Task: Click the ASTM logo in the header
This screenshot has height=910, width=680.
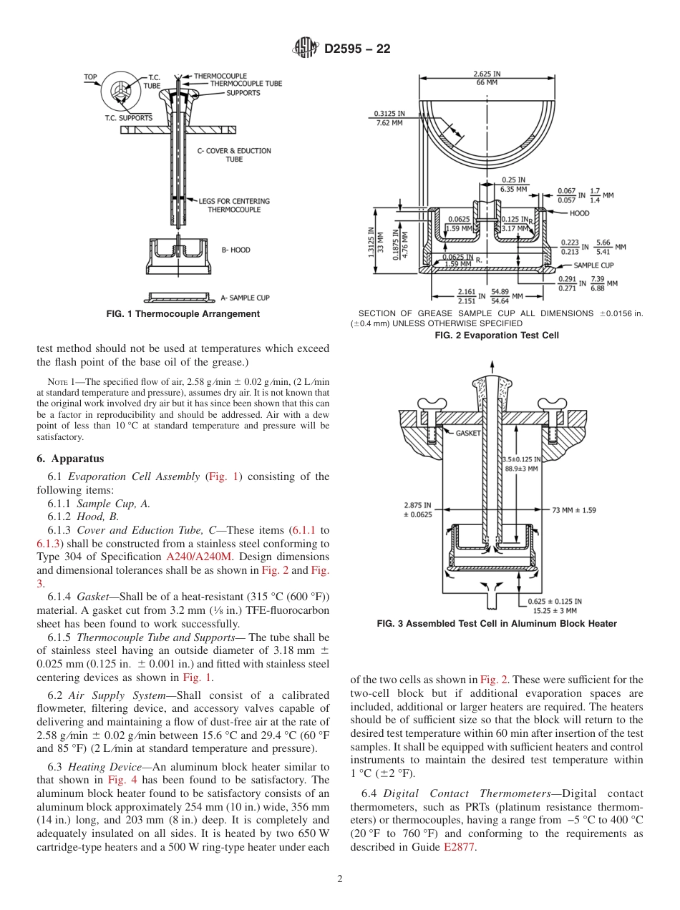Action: [x=306, y=49]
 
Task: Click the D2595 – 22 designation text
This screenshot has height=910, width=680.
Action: [x=357, y=49]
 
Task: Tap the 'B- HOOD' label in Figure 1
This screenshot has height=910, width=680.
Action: [x=235, y=250]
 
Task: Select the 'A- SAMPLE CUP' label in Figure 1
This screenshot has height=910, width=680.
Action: [x=245, y=298]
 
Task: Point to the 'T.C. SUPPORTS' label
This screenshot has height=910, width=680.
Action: [x=128, y=117]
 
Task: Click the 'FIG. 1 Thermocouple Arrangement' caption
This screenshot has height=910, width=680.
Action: [x=183, y=314]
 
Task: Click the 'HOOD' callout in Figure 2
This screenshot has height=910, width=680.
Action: [x=579, y=213]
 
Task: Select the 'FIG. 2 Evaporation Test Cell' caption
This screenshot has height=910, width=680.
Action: [x=497, y=335]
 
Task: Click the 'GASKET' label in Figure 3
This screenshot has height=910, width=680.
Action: [x=468, y=434]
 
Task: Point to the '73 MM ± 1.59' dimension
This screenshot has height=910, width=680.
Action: [x=574, y=510]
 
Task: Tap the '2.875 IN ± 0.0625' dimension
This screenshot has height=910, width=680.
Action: [x=418, y=509]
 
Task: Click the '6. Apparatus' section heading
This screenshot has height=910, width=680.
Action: [x=70, y=459]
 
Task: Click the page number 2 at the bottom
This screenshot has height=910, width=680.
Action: [x=340, y=879]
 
